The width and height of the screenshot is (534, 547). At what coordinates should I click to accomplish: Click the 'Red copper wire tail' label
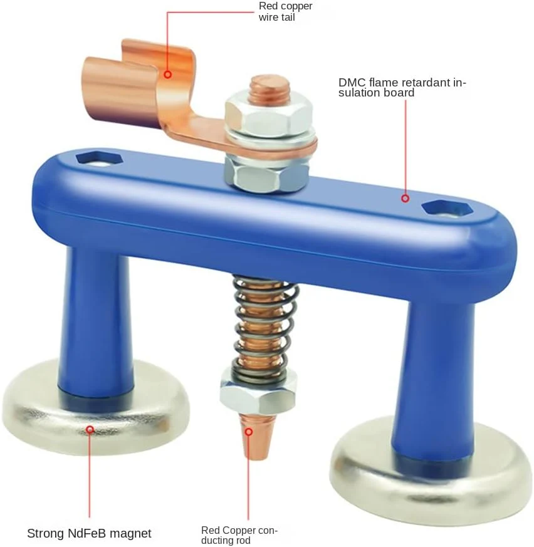coord(285,11)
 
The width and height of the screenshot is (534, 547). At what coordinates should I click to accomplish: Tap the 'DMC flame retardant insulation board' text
coord(402,88)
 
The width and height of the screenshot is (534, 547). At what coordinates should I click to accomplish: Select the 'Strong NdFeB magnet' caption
coord(90,533)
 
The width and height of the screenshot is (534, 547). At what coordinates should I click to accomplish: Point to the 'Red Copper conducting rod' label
coord(239,535)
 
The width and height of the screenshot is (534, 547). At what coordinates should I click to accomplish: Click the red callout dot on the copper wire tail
coord(168,75)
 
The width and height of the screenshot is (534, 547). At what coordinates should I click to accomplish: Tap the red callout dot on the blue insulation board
coord(406,198)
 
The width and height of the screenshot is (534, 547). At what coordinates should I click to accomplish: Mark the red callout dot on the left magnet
coord(90,429)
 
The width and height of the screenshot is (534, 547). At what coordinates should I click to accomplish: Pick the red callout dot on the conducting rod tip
coord(248,432)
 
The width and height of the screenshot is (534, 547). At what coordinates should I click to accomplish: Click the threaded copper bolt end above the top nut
coord(270,88)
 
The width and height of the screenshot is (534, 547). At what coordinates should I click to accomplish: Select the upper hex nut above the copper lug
coord(269,115)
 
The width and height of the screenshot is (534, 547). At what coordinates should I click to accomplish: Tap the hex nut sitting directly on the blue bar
coord(266,174)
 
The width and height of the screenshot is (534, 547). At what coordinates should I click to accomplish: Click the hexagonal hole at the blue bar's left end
coord(100,159)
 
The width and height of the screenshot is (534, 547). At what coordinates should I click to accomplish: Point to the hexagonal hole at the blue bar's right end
coord(447,209)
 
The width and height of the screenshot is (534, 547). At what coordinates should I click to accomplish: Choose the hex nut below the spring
coord(258,393)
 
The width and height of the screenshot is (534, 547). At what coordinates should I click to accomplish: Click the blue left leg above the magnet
coord(96,325)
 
